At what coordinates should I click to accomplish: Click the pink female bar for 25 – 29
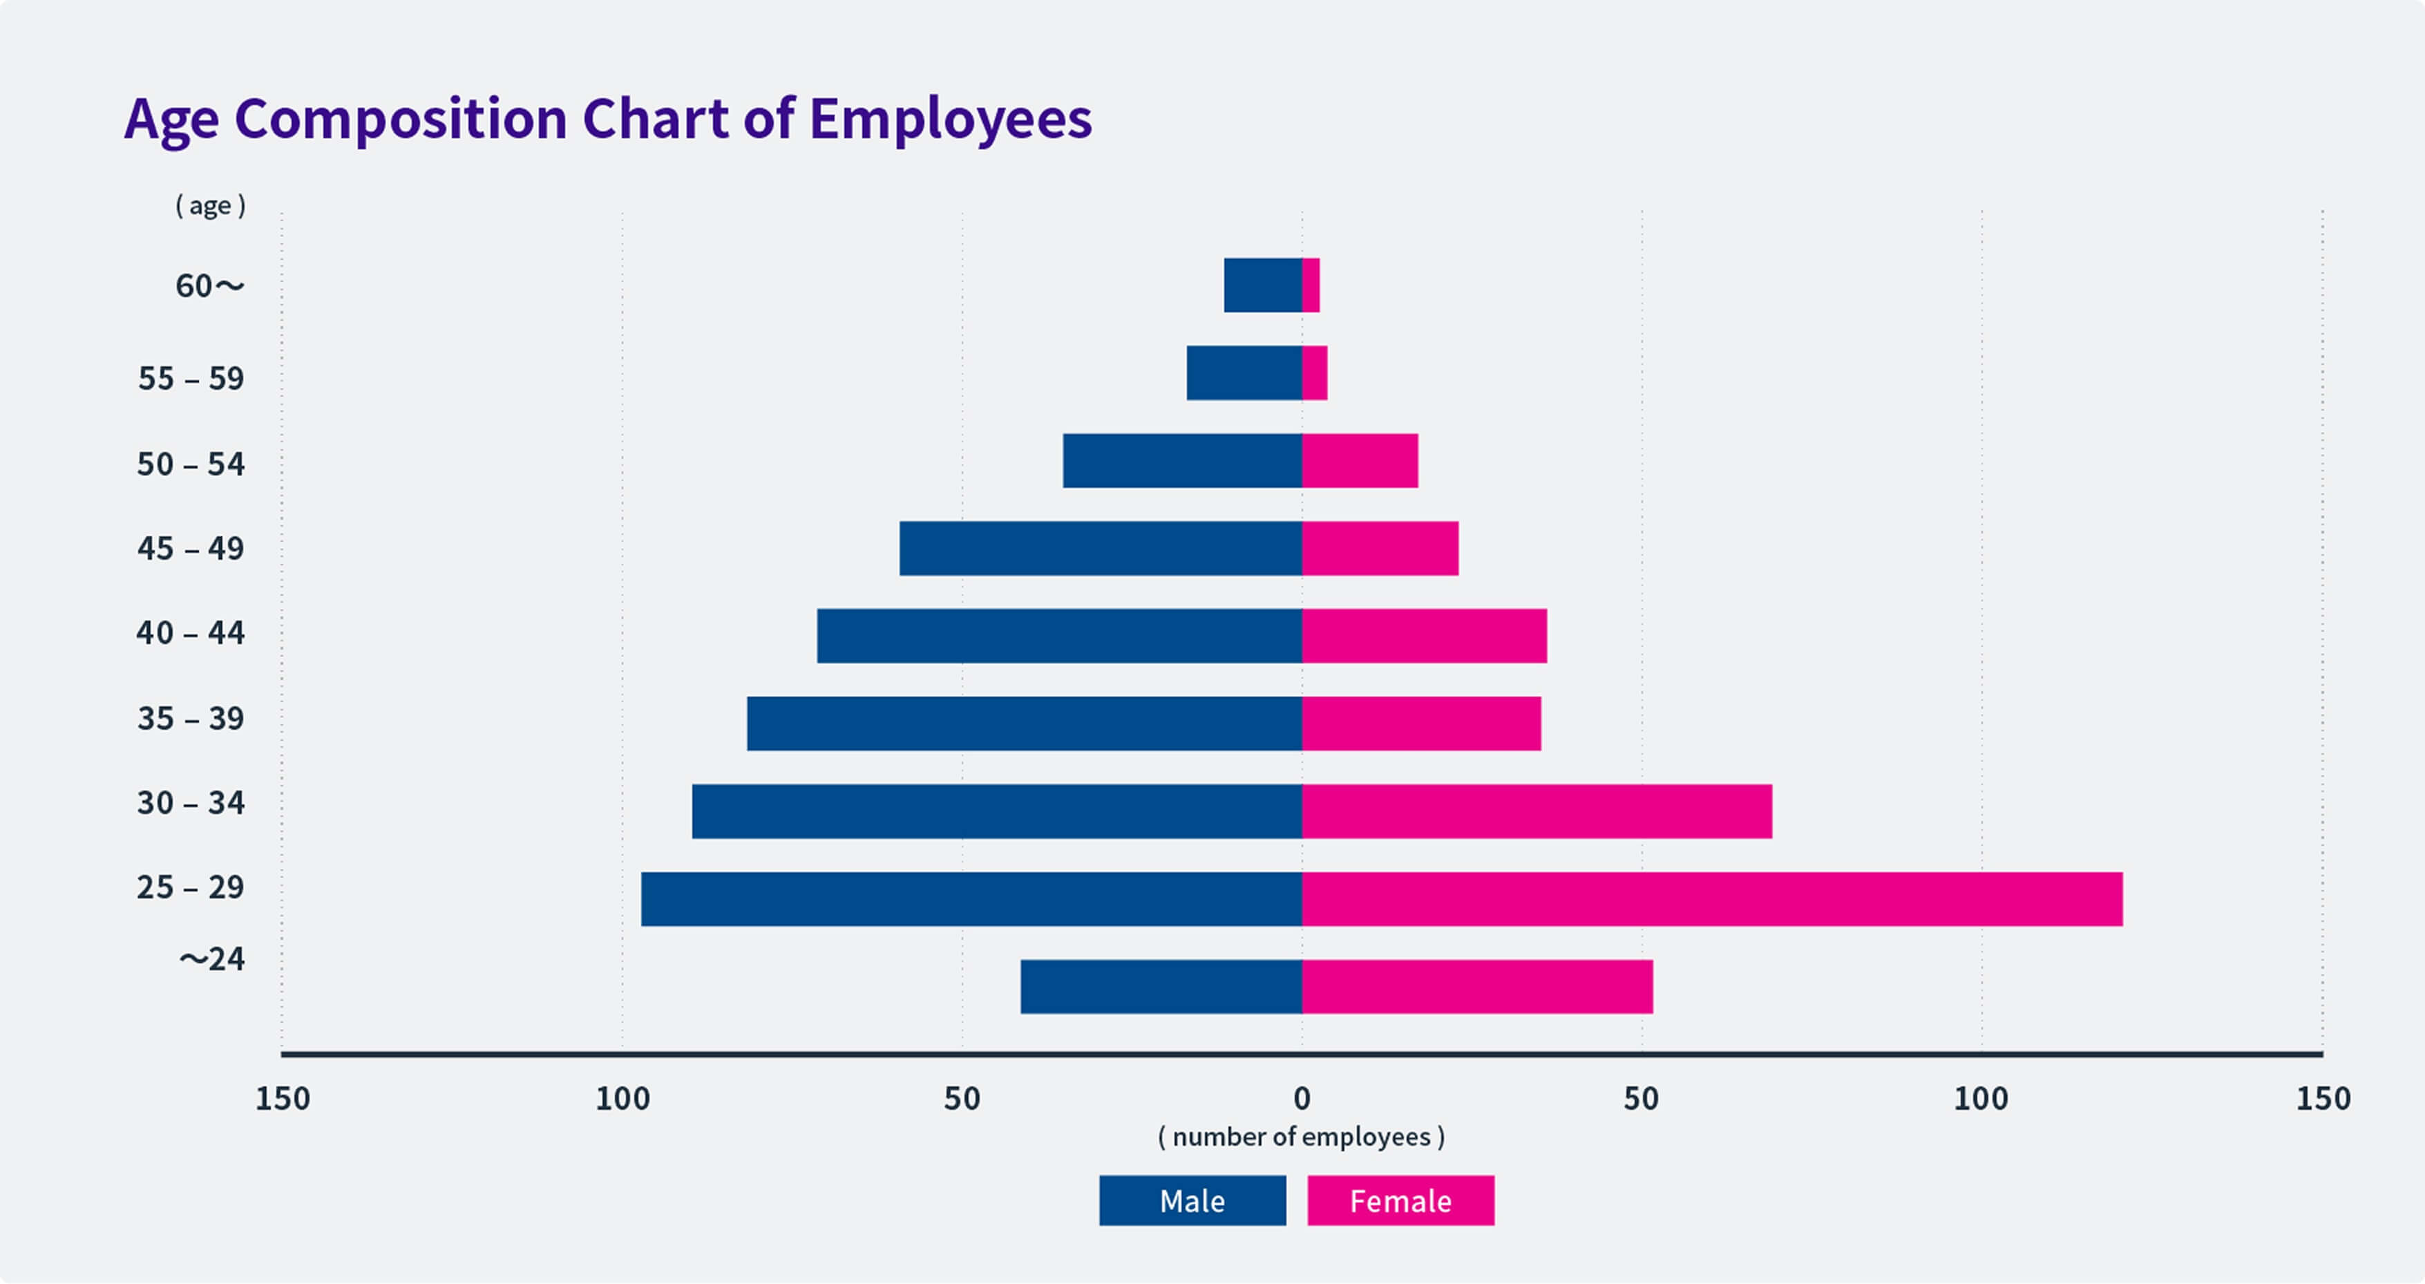tap(1711, 899)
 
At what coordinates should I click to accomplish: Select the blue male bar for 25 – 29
tap(971, 899)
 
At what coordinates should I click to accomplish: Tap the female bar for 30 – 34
tap(1537, 811)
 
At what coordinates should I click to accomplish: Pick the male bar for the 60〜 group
tap(1262, 285)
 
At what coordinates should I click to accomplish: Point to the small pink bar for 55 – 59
tap(1314, 372)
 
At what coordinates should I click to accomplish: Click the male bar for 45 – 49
tap(1101, 548)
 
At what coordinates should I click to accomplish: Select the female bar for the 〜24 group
tap(1477, 987)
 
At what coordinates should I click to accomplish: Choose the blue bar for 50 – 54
tap(1182, 460)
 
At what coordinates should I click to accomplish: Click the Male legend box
tap(1192, 1200)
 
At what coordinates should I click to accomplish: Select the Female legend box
tap(1400, 1200)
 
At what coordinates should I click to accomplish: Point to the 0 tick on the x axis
tap(1302, 1097)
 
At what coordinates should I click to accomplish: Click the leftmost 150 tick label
tap(283, 1097)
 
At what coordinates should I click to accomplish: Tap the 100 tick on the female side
tap(1981, 1097)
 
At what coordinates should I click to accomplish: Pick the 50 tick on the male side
tap(962, 1097)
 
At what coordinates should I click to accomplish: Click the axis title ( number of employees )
tap(1301, 1137)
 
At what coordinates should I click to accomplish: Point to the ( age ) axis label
tap(211, 205)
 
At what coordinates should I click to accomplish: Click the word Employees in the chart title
tap(950, 119)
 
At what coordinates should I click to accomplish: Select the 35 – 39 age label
tap(191, 718)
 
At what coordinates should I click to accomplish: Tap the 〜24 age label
tap(213, 959)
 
